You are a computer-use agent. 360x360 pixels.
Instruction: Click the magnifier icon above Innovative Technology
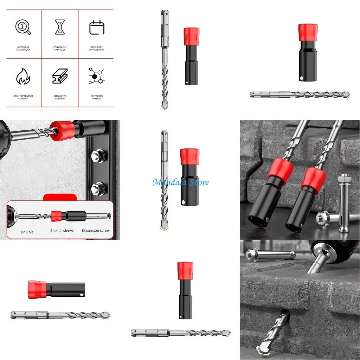click(x=23, y=27)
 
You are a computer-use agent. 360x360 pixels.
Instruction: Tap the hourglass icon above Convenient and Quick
click(x=60, y=27)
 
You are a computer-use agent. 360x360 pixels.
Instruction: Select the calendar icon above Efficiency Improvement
click(x=97, y=27)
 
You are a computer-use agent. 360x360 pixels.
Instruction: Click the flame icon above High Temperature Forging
click(x=23, y=76)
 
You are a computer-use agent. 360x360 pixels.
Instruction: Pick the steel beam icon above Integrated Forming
click(x=60, y=76)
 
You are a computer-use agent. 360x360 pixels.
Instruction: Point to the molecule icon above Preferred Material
click(x=96, y=76)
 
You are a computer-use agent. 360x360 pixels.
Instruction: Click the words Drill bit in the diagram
click(x=27, y=232)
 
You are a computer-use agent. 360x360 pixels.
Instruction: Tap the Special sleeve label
click(x=62, y=231)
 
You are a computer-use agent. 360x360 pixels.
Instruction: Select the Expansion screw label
click(x=96, y=231)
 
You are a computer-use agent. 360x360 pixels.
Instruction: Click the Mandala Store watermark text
click(x=180, y=182)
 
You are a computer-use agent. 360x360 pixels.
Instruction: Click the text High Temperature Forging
click(x=23, y=97)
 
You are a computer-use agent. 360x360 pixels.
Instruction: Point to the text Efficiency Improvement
click(x=97, y=49)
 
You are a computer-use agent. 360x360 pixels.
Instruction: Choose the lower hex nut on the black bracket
click(x=98, y=188)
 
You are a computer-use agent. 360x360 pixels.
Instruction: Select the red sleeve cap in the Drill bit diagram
click(x=56, y=216)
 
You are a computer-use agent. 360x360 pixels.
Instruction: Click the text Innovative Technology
click(x=23, y=49)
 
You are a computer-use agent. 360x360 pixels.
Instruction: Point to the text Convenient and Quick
click(x=60, y=49)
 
